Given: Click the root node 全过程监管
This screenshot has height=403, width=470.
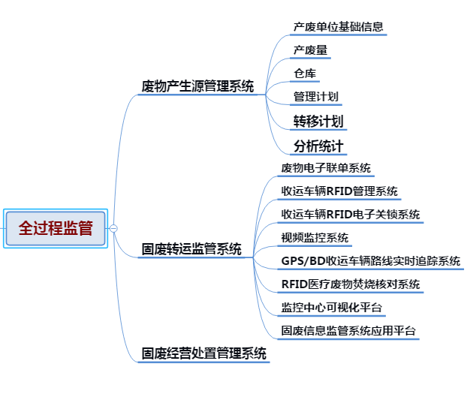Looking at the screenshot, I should click(56, 228).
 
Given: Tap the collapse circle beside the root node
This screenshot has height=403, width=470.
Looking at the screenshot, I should click(113, 228).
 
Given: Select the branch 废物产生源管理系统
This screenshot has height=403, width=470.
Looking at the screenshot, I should click(197, 86).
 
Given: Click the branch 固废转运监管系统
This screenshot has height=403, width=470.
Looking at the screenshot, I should click(191, 249).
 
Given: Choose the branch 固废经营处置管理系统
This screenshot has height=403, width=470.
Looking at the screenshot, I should click(204, 353).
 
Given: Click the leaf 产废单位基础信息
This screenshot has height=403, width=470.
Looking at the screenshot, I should click(339, 27).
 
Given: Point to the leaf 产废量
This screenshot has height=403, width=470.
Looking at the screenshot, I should click(310, 50).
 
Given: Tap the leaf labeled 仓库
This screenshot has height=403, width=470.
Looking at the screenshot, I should click(304, 74).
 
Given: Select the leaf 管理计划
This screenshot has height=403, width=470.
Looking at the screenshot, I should click(315, 96).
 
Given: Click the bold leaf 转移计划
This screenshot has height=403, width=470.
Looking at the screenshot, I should click(318, 121).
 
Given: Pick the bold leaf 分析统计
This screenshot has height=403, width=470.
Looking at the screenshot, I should click(318, 146).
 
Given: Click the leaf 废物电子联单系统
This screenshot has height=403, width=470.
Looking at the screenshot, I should click(326, 168).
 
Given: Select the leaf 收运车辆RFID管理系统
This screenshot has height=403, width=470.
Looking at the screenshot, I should click(339, 191).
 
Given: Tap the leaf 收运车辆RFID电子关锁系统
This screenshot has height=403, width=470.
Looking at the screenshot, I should click(351, 215).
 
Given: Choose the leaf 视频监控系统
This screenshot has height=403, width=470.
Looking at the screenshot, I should click(315, 238).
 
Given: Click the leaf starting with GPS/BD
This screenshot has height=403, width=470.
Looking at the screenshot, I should click(370, 261).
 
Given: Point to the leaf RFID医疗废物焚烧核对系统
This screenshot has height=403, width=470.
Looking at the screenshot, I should click(350, 284).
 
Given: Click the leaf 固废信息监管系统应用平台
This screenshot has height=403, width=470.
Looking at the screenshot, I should click(348, 331).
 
